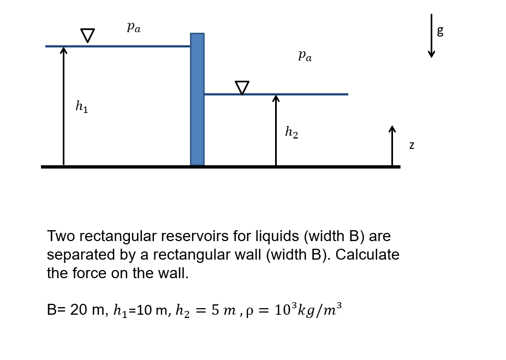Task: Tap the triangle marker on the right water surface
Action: (x=242, y=87)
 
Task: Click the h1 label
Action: (x=81, y=107)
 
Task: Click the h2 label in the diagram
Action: (x=291, y=132)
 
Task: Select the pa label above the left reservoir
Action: (x=134, y=27)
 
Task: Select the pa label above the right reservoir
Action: (x=305, y=55)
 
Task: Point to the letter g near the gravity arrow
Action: (x=440, y=31)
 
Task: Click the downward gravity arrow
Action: (x=431, y=36)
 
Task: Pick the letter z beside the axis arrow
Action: (x=412, y=145)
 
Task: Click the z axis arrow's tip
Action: (x=392, y=128)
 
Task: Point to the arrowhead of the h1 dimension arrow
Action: (x=63, y=50)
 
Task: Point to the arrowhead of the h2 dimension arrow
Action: (x=276, y=98)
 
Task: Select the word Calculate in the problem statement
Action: (x=367, y=255)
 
